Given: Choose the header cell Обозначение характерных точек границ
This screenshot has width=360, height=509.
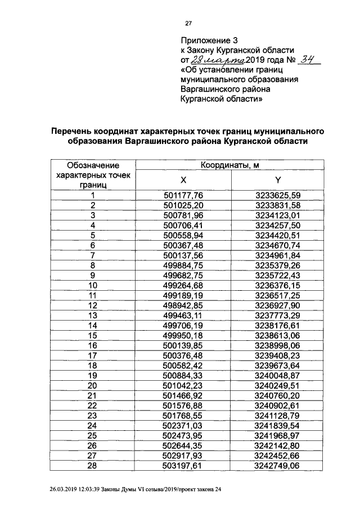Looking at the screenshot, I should tap(93, 174).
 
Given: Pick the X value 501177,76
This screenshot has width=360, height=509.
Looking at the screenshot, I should tap(182, 195).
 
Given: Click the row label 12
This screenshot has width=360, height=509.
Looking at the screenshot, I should tap(93, 304).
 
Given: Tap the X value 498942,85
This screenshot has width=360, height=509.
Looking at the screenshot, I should tap(182, 304).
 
